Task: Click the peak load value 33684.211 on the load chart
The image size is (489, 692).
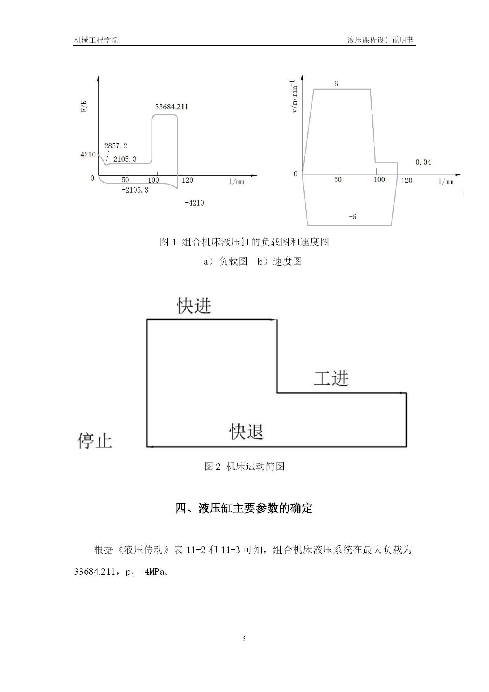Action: pos(171,107)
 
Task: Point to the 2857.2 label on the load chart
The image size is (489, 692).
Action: pos(115,146)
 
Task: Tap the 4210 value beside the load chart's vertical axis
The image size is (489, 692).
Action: pos(88,155)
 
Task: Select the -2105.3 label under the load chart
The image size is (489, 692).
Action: pos(135,190)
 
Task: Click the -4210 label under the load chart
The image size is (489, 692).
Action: pos(194,203)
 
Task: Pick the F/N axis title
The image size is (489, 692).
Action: pos(84,107)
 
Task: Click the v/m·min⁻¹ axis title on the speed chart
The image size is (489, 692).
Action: pos(294,96)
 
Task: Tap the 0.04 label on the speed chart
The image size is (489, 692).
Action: pos(423,162)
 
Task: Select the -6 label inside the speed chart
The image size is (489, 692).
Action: pos(352,217)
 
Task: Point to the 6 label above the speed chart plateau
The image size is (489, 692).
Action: pos(336,84)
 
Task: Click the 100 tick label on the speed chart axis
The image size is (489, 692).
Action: pos(379,180)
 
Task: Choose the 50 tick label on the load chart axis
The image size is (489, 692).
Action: pos(125,180)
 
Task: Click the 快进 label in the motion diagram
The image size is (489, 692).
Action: pos(194,305)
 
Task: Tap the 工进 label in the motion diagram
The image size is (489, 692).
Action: pos(331,378)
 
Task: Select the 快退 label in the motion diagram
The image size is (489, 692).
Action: pos(246,431)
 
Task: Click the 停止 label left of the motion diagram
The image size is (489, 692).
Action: pos(95,441)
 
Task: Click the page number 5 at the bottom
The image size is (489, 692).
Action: pos(244,639)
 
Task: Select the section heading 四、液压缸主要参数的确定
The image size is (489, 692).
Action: pos(244,508)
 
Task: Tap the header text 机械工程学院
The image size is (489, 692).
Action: pos(96,40)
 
